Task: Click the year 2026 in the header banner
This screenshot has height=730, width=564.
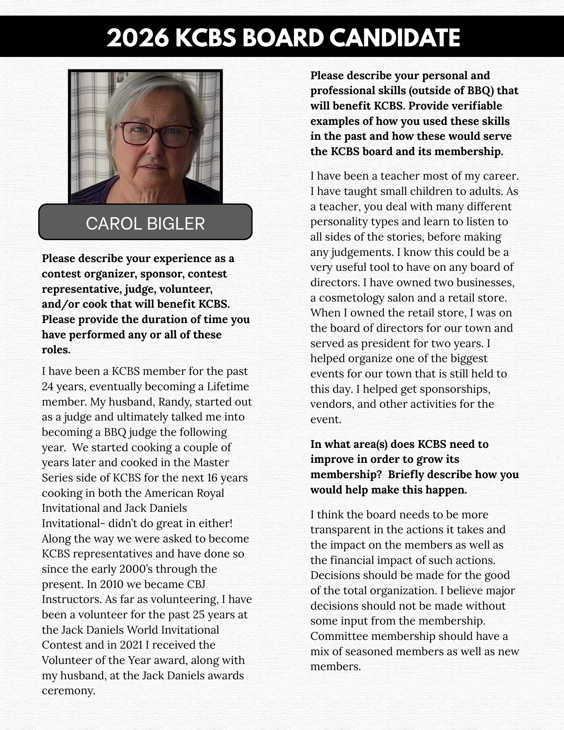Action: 138,38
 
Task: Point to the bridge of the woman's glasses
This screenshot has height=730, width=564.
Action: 156,129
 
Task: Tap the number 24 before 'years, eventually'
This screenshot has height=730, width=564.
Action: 47,386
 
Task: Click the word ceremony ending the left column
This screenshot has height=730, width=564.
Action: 68,691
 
